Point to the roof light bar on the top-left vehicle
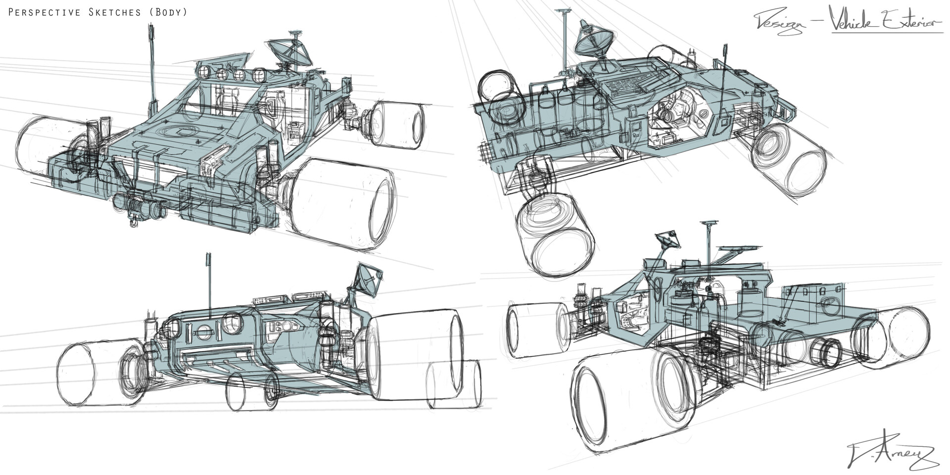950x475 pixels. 230,74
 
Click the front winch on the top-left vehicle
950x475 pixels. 141,206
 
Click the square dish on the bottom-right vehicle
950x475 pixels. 668,240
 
